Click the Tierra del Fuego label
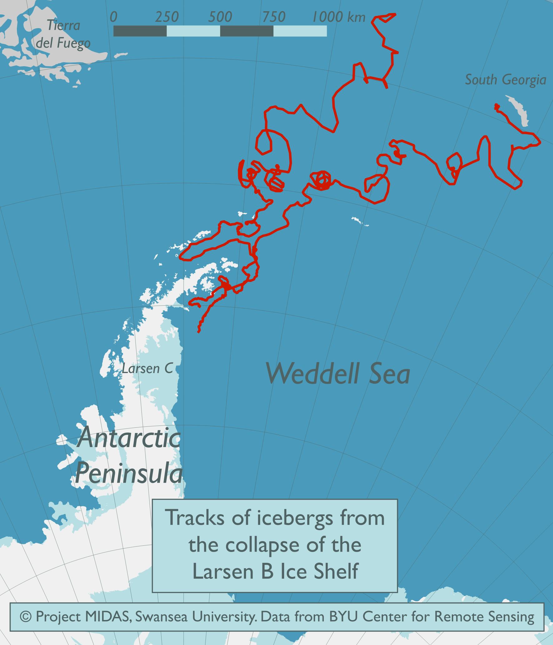tap(63, 34)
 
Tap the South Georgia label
tap(506, 80)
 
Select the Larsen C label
tap(147, 369)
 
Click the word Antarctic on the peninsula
tap(129, 438)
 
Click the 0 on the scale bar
tap(114, 17)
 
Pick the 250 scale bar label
tap(167, 17)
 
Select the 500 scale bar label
tap(220, 17)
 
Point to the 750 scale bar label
tap(274, 17)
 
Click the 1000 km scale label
tap(338, 17)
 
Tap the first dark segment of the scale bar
tap(140, 31)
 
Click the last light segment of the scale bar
tap(300, 31)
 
